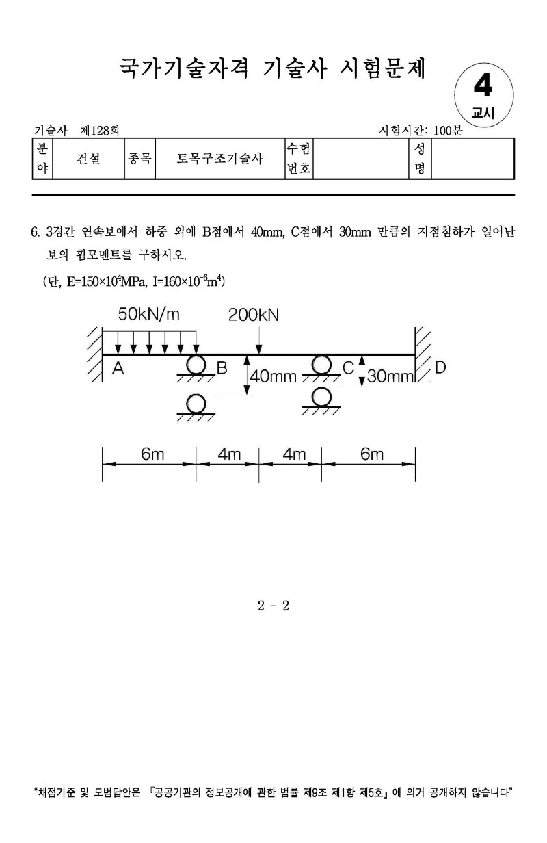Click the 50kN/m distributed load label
click(149, 314)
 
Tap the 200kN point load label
click(254, 314)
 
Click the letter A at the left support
click(118, 368)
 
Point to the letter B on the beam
click(222, 368)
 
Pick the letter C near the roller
click(348, 368)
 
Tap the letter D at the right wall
click(440, 367)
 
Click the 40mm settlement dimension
click(273, 376)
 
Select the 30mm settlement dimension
click(391, 376)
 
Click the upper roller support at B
click(197, 365)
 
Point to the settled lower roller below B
click(197, 404)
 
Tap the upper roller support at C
click(321, 365)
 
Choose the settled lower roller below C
click(321, 397)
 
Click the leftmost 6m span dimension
click(150, 454)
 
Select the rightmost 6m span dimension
click(372, 454)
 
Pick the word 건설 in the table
click(88, 159)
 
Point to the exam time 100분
click(448, 130)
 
